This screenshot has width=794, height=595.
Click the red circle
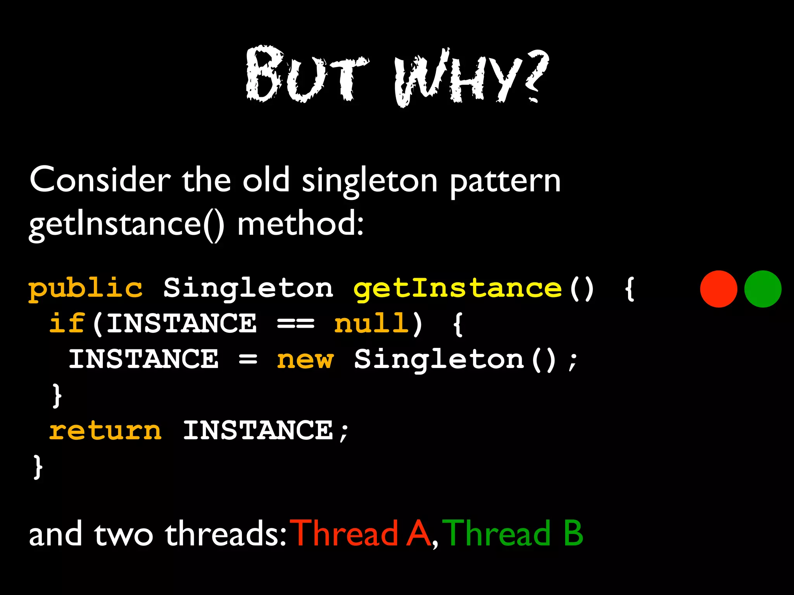718,289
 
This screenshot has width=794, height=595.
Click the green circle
763,289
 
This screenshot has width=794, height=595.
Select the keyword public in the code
86,289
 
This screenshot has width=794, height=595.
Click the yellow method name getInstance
457,289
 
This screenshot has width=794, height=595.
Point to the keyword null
371,323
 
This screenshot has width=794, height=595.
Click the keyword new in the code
305,359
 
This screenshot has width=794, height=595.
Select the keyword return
105,430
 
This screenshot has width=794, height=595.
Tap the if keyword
67,323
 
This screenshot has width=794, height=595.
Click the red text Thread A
362,534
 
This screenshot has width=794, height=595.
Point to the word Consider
100,180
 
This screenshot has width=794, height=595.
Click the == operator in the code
295,324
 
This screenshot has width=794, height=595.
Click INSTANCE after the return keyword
258,430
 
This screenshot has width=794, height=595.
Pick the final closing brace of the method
38,467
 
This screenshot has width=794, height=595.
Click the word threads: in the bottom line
226,534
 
